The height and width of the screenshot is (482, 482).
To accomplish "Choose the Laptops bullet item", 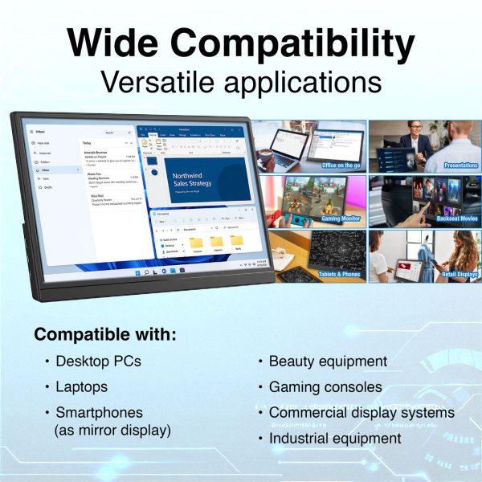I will tap(81, 387).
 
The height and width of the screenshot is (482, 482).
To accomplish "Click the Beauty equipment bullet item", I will tap(328, 361).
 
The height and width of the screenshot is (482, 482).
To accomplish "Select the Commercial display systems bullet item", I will tap(361, 413).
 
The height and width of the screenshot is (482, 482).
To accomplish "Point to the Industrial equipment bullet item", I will tap(334, 439).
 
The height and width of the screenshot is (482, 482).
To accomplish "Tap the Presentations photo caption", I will tap(460, 165).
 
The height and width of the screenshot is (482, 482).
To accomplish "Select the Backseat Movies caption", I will tap(456, 219).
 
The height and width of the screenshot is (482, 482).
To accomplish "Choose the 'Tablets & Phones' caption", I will tap(339, 274).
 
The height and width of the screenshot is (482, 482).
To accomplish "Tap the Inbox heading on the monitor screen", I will tap(40, 131).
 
